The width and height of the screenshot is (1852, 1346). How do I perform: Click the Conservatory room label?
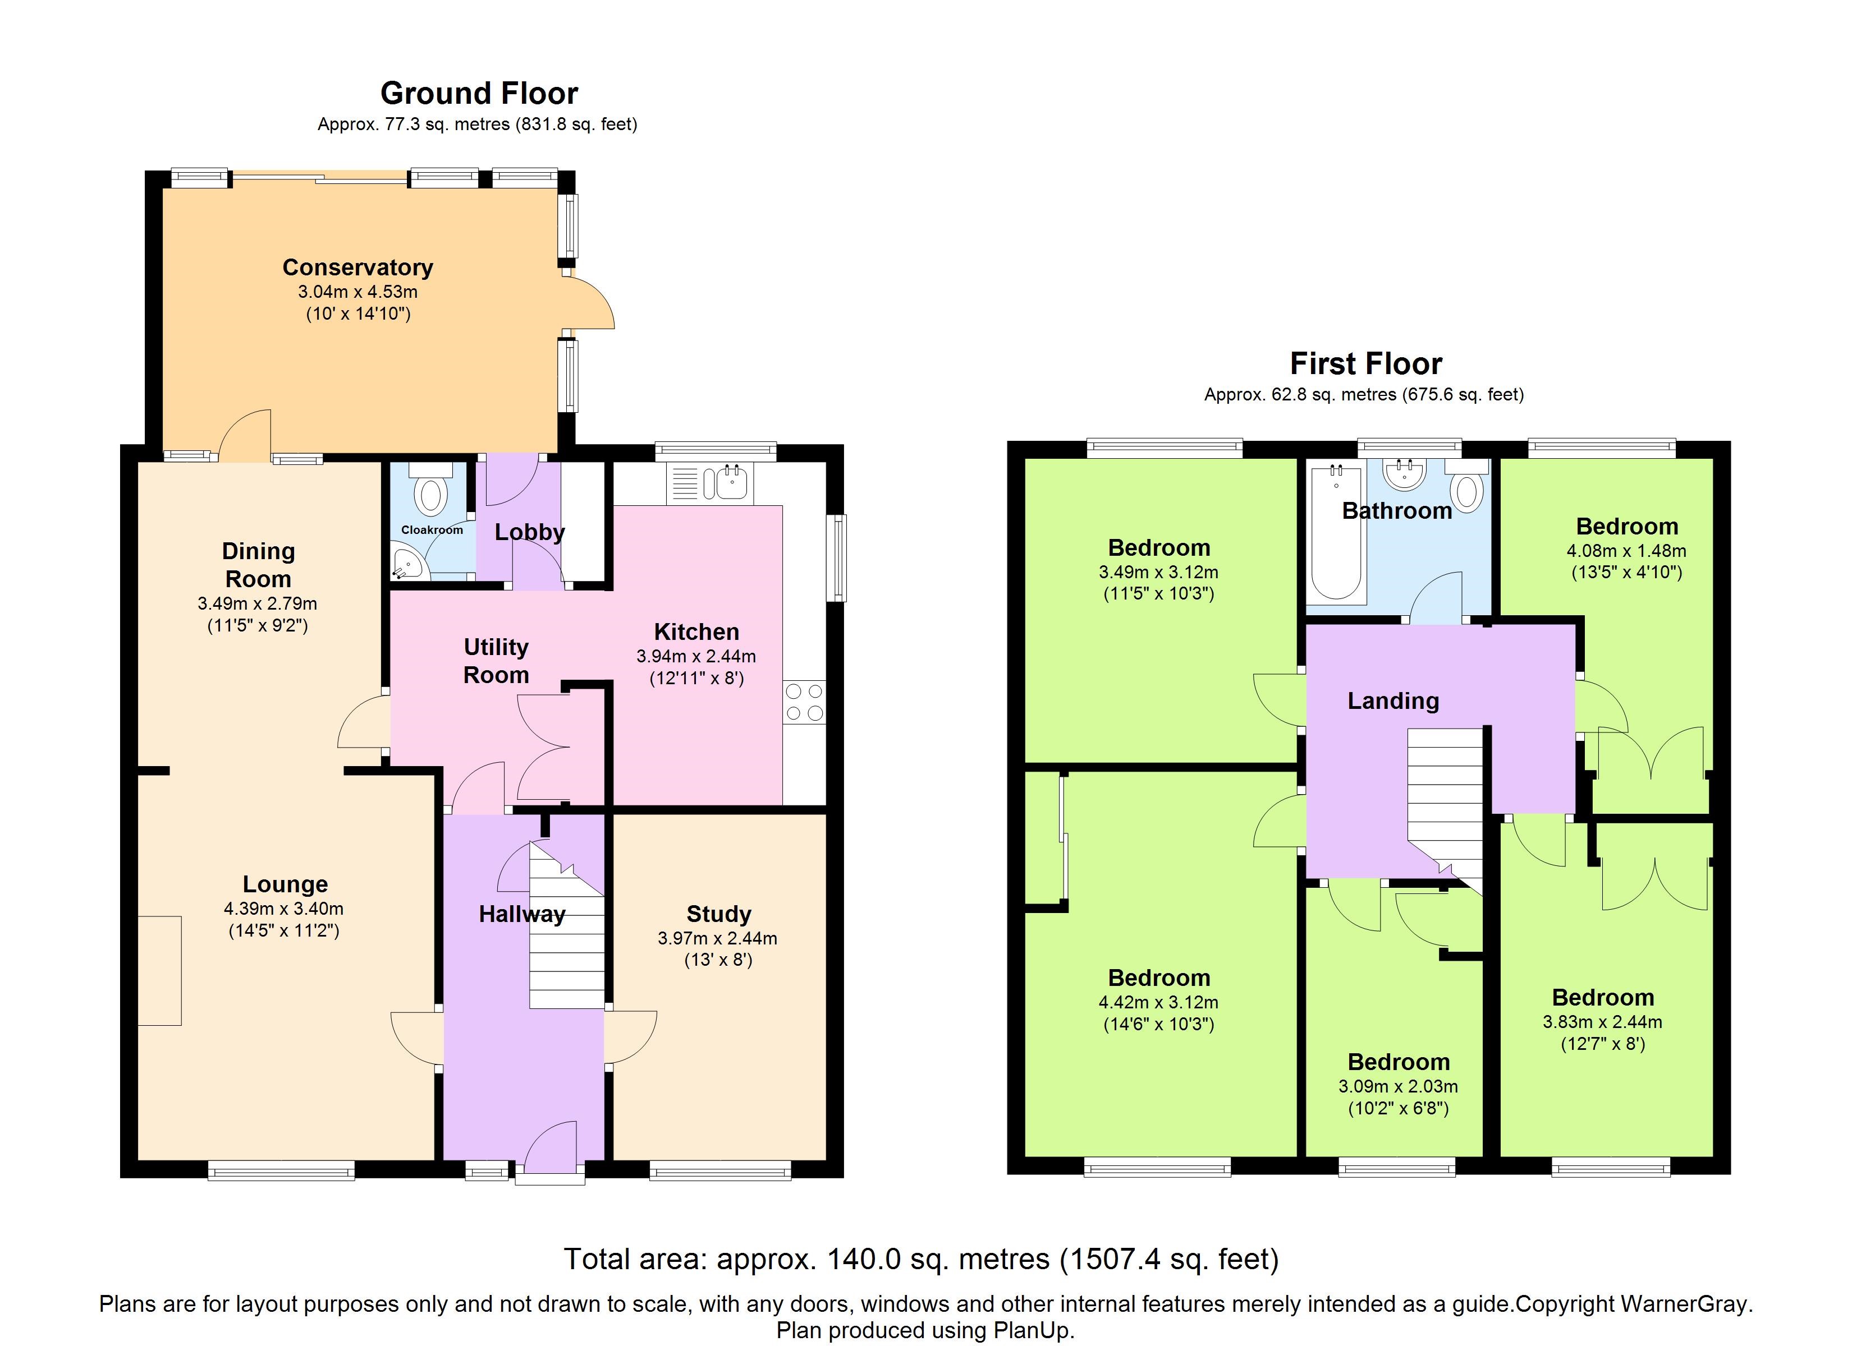click(357, 268)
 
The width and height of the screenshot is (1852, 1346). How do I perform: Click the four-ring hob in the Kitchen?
click(804, 703)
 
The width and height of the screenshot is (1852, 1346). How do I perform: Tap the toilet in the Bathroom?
click(1468, 488)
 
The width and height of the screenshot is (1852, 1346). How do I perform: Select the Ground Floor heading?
click(479, 94)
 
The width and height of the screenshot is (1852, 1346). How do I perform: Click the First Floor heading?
click(1365, 363)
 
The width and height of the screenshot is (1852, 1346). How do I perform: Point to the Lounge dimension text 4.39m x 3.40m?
click(283, 909)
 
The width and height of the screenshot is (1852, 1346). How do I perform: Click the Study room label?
click(718, 914)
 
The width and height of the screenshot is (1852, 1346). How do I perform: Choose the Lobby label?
click(529, 532)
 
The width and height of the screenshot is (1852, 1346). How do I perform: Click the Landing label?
click(1392, 700)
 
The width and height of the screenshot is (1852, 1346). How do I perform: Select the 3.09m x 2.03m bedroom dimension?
click(1397, 1086)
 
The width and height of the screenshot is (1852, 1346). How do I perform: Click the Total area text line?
click(921, 1260)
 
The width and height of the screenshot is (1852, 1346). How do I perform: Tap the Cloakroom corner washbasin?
click(405, 563)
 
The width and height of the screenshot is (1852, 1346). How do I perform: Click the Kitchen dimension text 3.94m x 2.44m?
click(696, 656)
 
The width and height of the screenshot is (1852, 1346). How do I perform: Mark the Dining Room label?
click(258, 565)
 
